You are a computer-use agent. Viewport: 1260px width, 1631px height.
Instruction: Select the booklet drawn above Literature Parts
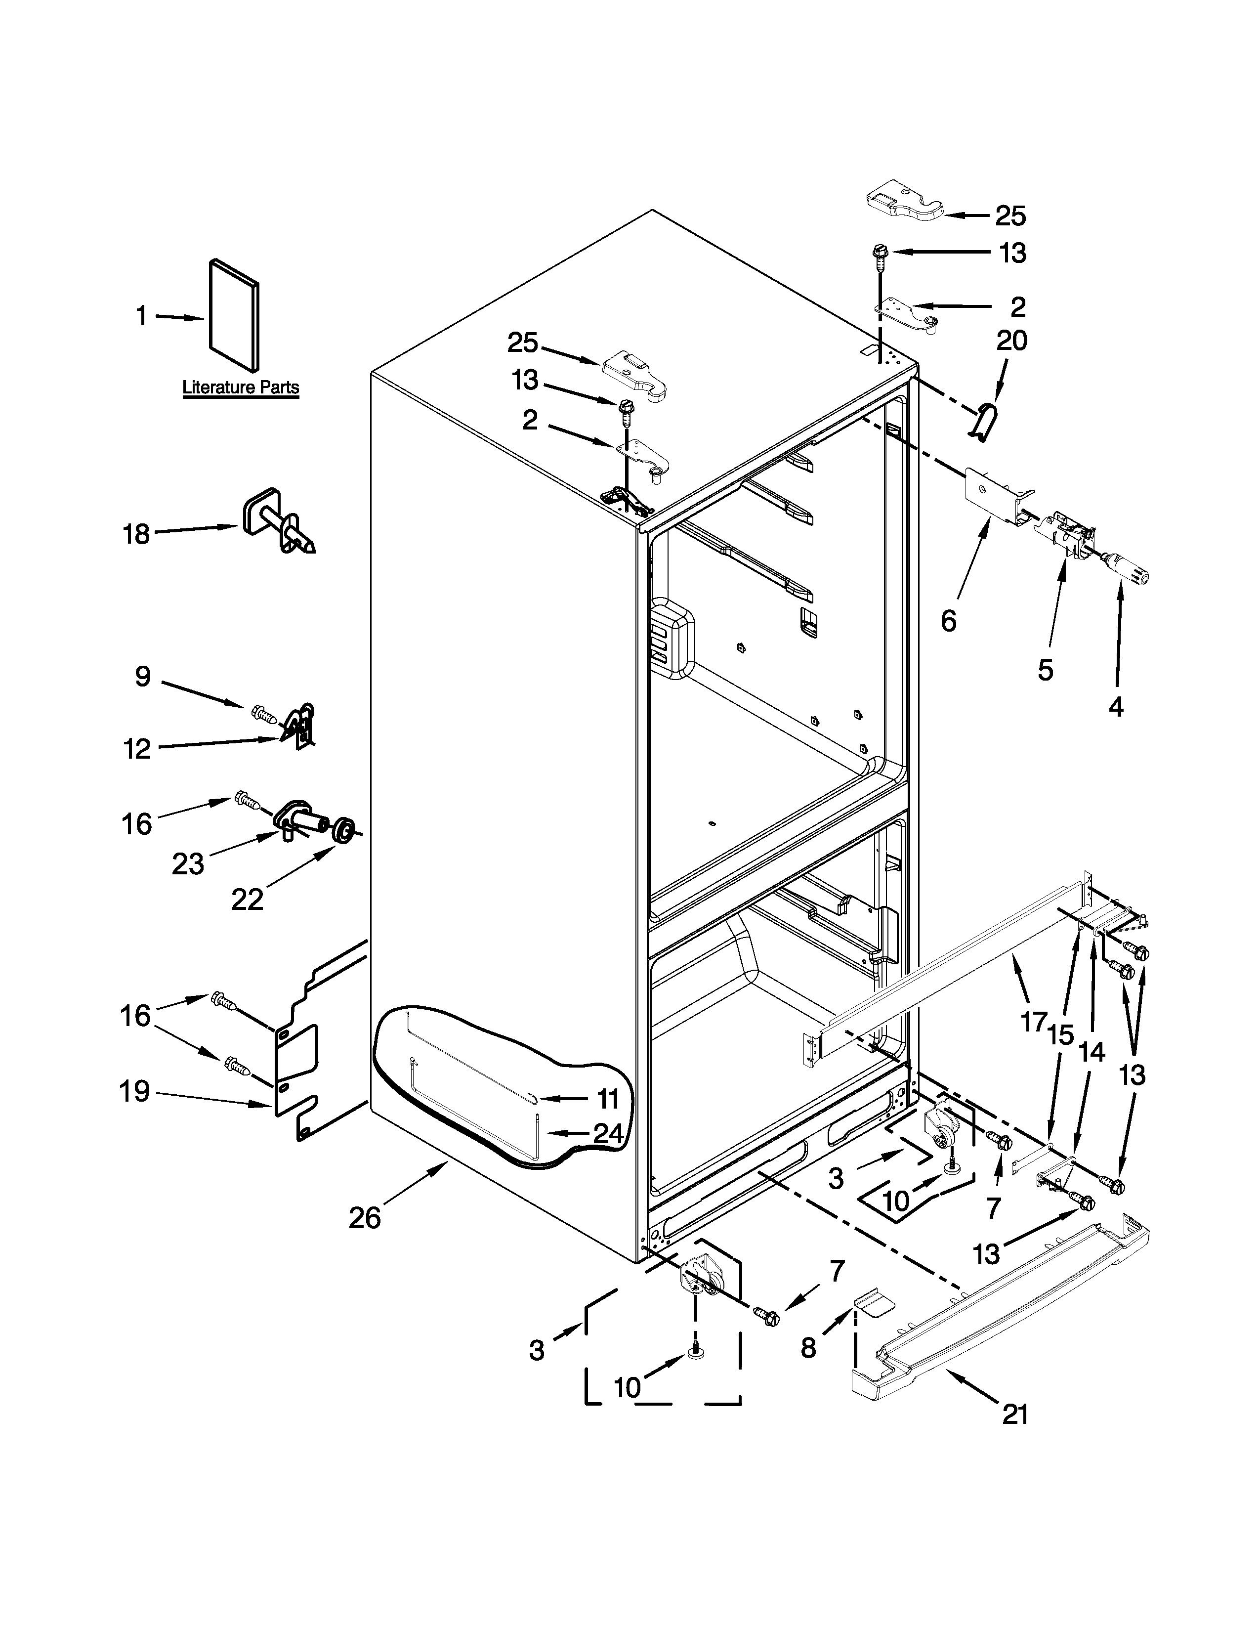click(234, 315)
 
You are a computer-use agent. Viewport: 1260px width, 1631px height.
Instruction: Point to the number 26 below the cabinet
click(365, 1218)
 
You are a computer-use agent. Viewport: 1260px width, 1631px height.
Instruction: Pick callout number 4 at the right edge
click(1115, 706)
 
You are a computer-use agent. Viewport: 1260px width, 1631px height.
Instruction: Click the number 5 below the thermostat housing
click(1045, 670)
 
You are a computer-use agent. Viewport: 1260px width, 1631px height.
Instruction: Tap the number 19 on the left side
click(134, 1092)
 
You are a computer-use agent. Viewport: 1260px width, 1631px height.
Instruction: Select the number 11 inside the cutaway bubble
click(608, 1099)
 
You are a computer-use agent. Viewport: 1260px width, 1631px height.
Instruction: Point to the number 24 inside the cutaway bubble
click(608, 1134)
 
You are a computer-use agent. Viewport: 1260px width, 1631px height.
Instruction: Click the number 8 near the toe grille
click(808, 1347)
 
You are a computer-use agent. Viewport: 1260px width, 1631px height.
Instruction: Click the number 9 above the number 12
click(143, 677)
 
